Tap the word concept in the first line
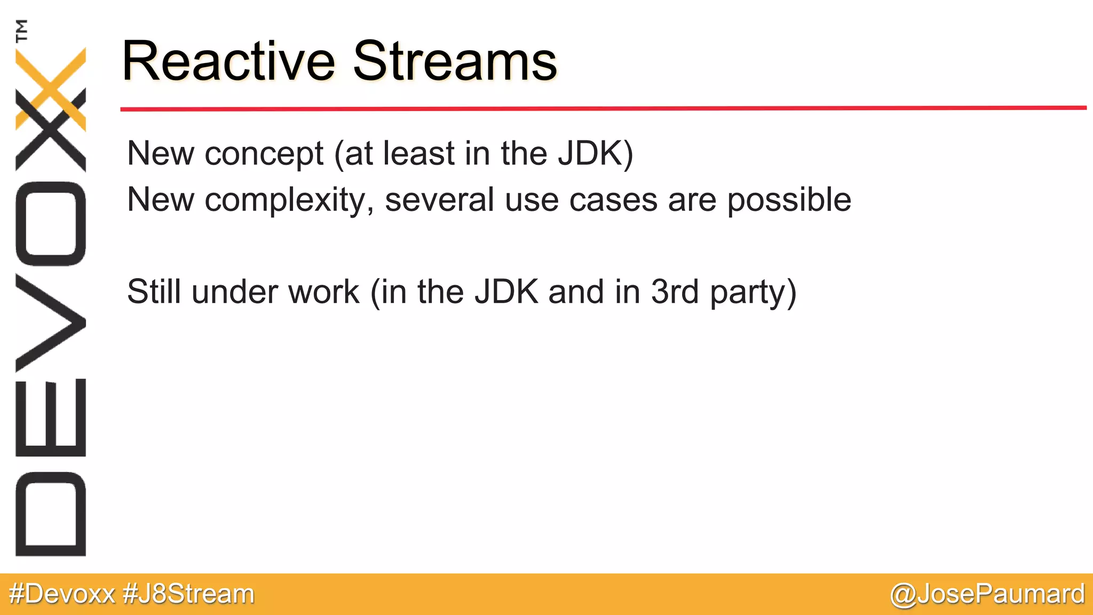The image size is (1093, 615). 264,155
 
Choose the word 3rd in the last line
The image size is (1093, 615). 675,292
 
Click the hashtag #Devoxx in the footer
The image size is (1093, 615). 62,594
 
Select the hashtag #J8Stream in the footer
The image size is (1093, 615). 188,594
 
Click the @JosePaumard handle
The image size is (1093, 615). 987,594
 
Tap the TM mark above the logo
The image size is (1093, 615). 22,30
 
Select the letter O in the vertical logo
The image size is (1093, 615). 51,224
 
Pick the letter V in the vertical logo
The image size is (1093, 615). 51,322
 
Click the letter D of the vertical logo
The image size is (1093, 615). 51,514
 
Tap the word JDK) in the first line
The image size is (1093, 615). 595,155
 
